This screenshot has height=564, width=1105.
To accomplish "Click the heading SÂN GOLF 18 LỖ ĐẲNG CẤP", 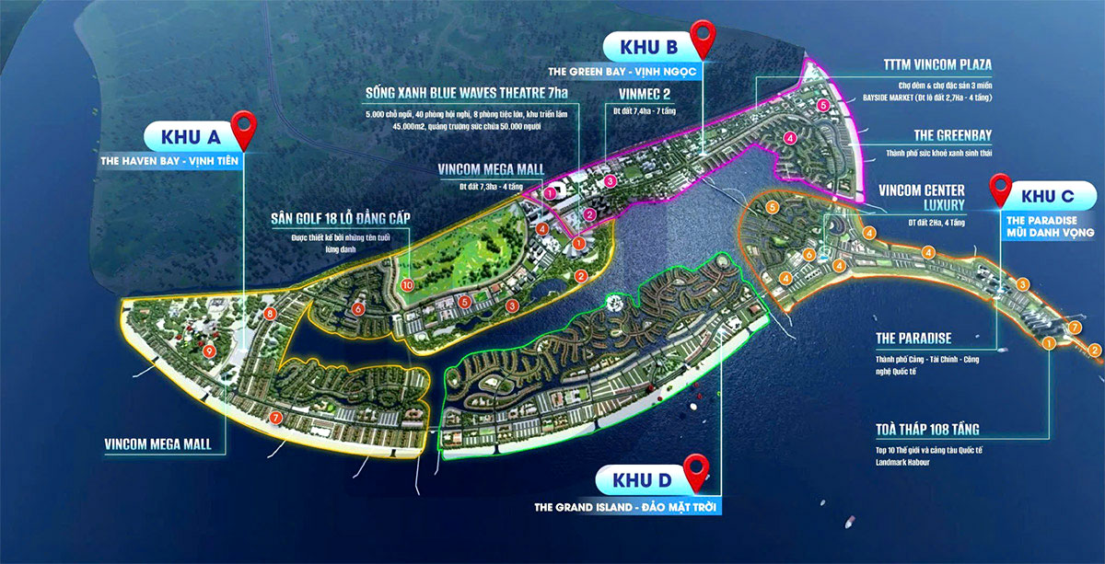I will [x=340, y=218].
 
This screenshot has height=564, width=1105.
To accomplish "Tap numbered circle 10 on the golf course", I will [x=407, y=286].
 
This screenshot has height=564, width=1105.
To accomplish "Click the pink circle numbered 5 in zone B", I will [x=822, y=106].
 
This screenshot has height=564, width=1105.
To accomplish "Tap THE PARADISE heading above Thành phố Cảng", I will [x=913, y=338].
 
